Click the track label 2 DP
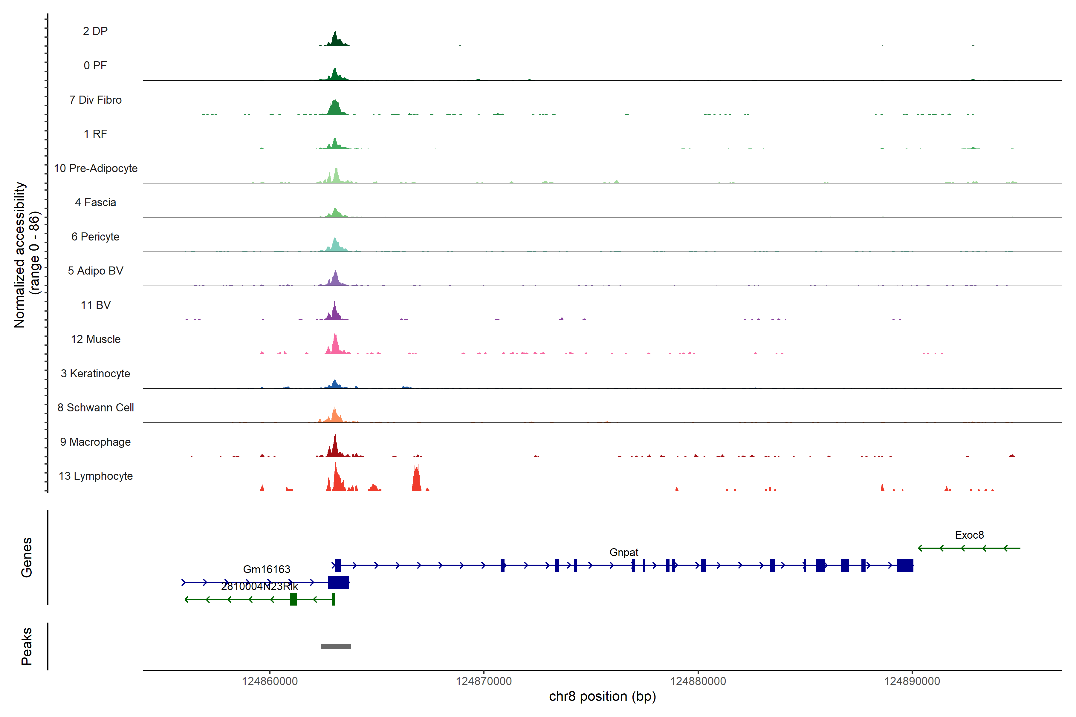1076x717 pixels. coord(95,31)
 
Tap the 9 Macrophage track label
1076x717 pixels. coord(95,442)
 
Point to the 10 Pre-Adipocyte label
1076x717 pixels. coord(96,168)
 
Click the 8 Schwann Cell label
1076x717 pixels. coord(96,407)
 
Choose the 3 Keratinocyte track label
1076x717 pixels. coord(95,374)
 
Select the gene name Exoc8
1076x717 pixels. coord(969,535)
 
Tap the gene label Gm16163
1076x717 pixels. coord(266,569)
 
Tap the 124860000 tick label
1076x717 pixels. coord(270,681)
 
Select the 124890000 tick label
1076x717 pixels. coord(912,681)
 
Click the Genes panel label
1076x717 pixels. coord(27,557)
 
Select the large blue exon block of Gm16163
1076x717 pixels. coord(339,582)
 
